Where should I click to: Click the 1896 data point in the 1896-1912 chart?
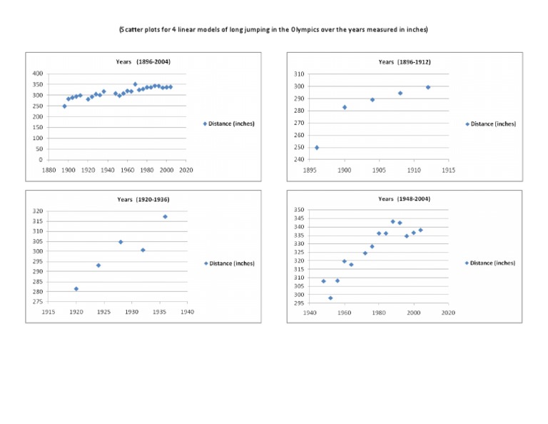[x=317, y=148]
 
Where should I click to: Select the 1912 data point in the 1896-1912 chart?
[x=428, y=87]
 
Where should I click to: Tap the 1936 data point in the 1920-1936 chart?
[x=165, y=216]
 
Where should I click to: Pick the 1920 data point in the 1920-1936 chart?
[x=76, y=288]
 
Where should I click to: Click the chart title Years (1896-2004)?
[x=143, y=62]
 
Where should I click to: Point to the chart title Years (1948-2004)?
[x=405, y=198]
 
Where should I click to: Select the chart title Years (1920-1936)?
[x=143, y=199]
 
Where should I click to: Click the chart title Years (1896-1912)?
[x=405, y=62]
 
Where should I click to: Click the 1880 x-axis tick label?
[x=49, y=170]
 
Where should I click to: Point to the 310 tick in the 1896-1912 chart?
[x=299, y=74]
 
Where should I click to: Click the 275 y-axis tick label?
[x=37, y=302]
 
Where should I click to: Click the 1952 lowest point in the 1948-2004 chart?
[x=330, y=298]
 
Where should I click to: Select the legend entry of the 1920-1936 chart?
[x=229, y=263]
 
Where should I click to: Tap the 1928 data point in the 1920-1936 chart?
[x=121, y=242]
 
